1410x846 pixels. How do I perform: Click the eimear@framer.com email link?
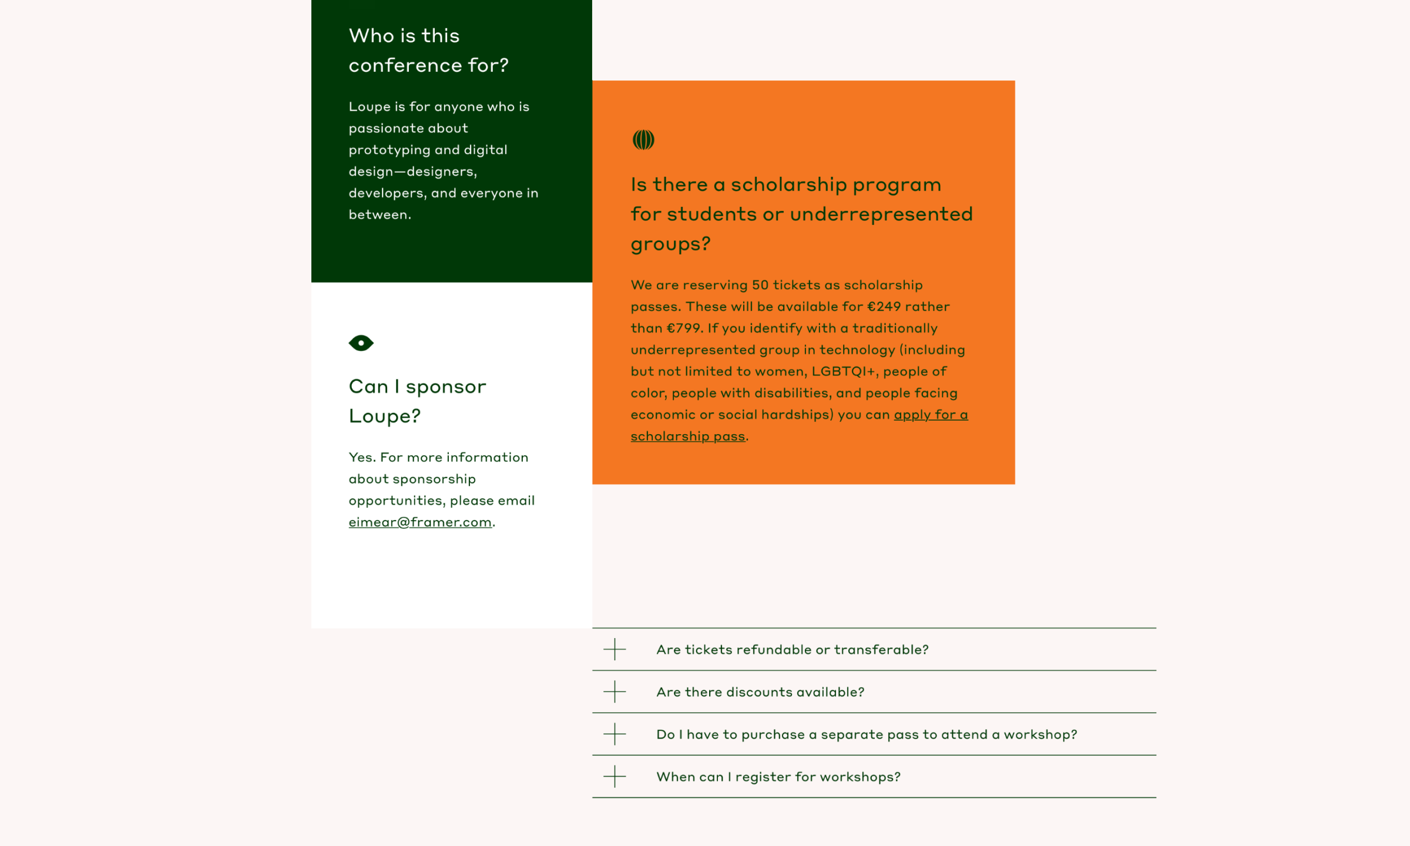pos(420,522)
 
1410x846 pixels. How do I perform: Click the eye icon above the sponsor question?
pos(361,343)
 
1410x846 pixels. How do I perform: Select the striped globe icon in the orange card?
pos(643,140)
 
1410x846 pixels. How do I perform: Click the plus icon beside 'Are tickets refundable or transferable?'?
pos(615,649)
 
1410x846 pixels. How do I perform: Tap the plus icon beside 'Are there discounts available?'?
pos(615,691)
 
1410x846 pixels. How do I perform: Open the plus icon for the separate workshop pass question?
pos(615,734)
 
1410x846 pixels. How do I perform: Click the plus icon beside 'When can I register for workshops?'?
pos(615,776)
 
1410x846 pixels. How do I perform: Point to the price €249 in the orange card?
pos(884,307)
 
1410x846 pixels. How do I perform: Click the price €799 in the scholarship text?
pos(684,328)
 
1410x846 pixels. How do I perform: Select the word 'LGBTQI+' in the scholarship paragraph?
pos(844,371)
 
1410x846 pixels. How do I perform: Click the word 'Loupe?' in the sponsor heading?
pos(385,416)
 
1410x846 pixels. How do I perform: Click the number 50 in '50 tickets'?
pos(760,285)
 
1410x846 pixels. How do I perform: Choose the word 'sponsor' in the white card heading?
pos(446,387)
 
